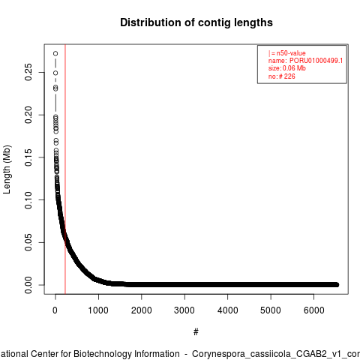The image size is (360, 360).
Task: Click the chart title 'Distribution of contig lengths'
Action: tap(196, 22)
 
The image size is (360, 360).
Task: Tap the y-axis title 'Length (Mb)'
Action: tap(7, 169)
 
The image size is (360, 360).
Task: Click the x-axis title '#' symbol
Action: tap(196, 331)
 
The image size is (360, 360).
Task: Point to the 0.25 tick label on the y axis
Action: tap(28, 72)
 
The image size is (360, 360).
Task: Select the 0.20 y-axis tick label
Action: tap(28, 115)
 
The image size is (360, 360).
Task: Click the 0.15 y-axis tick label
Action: tap(28, 157)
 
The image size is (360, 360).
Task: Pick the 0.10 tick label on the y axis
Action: tap(28, 199)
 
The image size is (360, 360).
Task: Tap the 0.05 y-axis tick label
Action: tap(28, 242)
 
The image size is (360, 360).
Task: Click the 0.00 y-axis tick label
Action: tap(28, 285)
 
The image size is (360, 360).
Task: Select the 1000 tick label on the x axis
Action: tap(98, 310)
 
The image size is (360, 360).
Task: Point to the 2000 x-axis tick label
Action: tap(142, 310)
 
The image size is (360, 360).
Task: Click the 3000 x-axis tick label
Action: tap(184, 310)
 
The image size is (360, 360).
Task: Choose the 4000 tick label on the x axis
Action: tap(227, 310)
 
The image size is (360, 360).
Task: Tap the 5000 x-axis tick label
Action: tap(271, 310)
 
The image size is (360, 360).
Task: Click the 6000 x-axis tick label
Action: tap(313, 310)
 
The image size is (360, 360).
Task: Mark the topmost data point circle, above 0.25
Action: tap(55, 53)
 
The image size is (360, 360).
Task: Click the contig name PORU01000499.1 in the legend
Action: tap(316, 61)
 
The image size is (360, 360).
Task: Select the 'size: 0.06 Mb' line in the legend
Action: tap(287, 68)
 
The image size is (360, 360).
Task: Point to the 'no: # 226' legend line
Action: tap(282, 76)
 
